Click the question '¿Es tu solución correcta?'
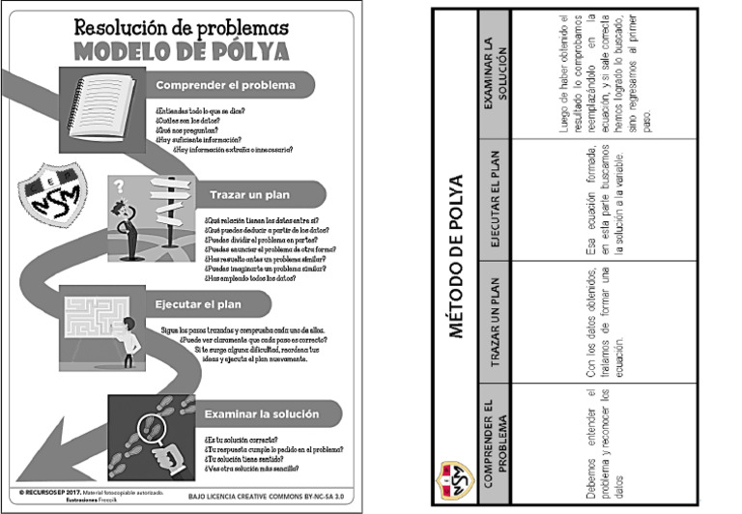click(242, 438)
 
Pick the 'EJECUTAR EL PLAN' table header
click(494, 198)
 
